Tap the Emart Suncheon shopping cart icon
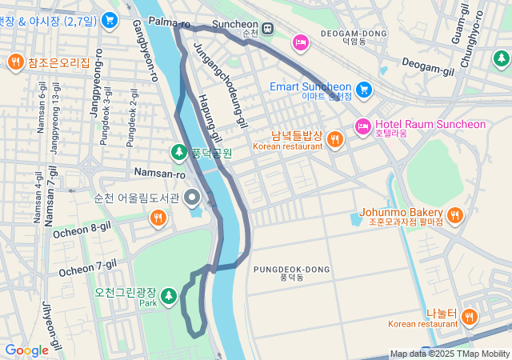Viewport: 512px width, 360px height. (364, 88)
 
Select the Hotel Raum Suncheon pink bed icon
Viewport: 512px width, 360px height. (362, 125)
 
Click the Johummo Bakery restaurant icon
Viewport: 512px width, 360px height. (454, 214)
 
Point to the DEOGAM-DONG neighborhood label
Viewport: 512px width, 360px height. (353, 34)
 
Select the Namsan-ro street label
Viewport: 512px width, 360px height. (160, 174)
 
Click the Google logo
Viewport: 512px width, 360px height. (26, 350)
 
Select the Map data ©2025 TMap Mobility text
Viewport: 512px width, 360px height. (450, 354)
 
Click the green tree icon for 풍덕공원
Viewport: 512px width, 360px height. (179, 151)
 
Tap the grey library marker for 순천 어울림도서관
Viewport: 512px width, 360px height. (192, 197)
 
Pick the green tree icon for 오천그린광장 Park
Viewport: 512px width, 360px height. (168, 297)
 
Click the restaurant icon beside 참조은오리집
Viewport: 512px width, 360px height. (15, 62)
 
